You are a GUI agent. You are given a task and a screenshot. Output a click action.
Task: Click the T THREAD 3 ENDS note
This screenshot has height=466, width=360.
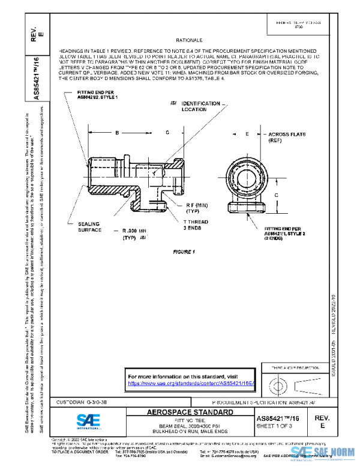pyautogui.click(x=197, y=224)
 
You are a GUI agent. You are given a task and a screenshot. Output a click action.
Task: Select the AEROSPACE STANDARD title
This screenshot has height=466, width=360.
pyautogui.click(x=190, y=412)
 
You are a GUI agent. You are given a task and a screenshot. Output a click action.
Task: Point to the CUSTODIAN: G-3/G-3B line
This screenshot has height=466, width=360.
pyautogui.click(x=78, y=401)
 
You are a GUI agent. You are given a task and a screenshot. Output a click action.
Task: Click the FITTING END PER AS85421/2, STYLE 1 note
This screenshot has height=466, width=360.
pyautogui.click(x=97, y=94)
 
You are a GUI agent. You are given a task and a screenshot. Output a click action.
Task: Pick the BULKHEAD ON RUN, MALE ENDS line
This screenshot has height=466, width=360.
pyautogui.click(x=190, y=431)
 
